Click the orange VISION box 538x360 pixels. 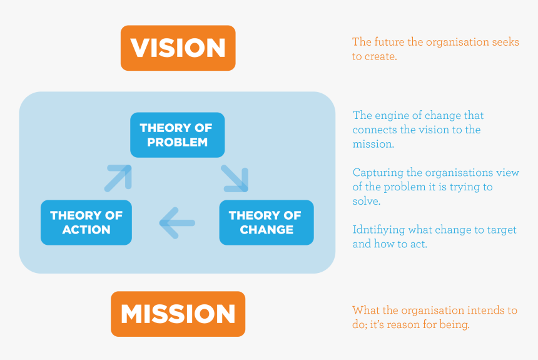coord(178,48)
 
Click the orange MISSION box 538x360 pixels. coord(178,314)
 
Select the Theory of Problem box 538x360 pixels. coord(177,135)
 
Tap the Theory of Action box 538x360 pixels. coord(86,222)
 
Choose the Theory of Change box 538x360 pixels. coord(266,222)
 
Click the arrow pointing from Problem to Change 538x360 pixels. coord(235,178)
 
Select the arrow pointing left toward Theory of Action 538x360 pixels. coord(177,223)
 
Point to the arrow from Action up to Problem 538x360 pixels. coord(118,178)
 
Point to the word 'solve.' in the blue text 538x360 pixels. coord(367,202)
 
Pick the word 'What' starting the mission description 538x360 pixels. coord(365,310)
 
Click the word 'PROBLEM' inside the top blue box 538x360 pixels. coord(177,142)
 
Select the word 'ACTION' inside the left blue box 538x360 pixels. coord(86,230)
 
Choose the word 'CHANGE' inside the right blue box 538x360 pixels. coord(266,230)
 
